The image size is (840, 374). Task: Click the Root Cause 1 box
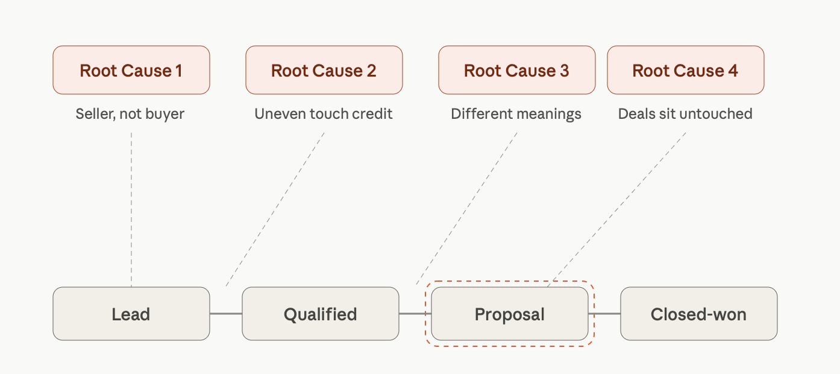click(x=131, y=70)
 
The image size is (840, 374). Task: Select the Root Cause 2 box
click(x=324, y=70)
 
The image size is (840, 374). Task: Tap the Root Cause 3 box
click(x=517, y=70)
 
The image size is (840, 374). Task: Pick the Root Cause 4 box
click(x=686, y=70)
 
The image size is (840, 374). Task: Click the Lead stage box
click(x=131, y=314)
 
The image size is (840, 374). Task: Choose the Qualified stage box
click(x=321, y=314)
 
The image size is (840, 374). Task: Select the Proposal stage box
click(x=510, y=314)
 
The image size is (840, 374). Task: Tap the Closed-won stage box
click(x=699, y=314)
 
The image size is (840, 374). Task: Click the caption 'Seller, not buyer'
click(x=130, y=114)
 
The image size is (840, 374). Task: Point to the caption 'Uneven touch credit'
click(x=324, y=114)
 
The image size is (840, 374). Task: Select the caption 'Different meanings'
click(x=516, y=114)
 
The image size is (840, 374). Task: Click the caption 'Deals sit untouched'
click(x=685, y=114)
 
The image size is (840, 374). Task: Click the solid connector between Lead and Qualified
click(x=226, y=314)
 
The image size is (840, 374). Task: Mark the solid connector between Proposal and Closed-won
click(x=604, y=314)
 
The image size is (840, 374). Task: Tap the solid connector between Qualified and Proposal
click(x=415, y=314)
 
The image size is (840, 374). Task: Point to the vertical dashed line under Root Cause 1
click(x=131, y=209)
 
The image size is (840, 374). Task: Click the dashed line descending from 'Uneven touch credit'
click(x=275, y=209)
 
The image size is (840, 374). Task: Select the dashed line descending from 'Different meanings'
click(x=466, y=208)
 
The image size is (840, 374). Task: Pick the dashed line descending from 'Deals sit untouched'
click(x=616, y=209)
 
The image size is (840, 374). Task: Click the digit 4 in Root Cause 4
click(x=733, y=71)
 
